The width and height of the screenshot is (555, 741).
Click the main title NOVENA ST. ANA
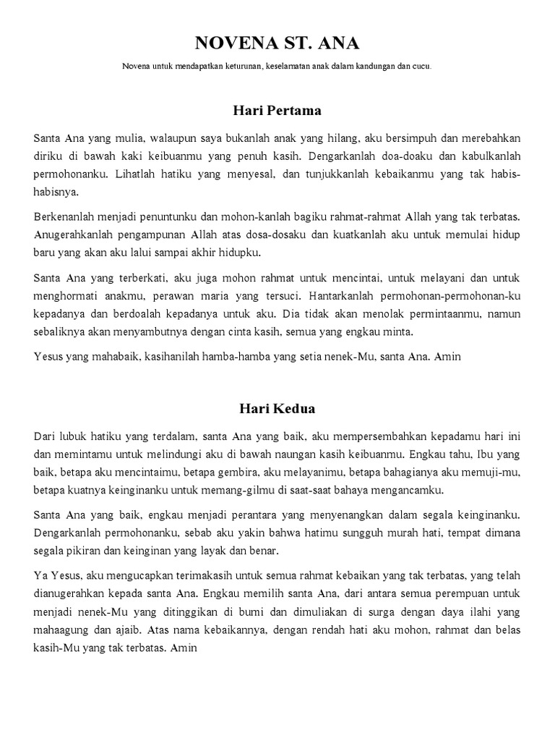[x=277, y=43]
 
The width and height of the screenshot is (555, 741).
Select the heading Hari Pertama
[x=277, y=111]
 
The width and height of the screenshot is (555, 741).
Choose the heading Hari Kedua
[x=277, y=409]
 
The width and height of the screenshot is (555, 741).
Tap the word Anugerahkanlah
[x=73, y=235]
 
